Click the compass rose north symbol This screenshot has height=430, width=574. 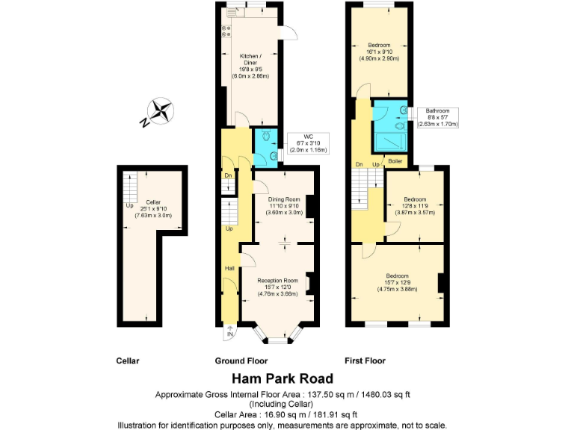160,113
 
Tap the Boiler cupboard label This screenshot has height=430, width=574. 395,161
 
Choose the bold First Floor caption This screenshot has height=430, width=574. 365,361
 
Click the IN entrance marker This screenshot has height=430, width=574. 230,334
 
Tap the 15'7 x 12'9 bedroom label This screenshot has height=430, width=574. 396,282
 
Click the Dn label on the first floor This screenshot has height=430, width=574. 359,163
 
